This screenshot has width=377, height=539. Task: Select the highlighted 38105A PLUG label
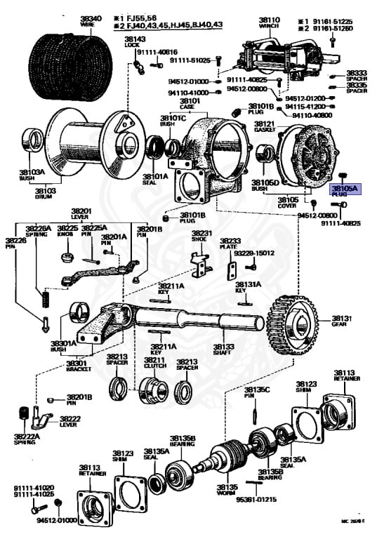[x=344, y=192]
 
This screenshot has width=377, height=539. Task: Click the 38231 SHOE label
[x=201, y=236]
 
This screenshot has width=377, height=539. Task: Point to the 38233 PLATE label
[x=232, y=243]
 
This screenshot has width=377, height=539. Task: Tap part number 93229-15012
[x=255, y=253]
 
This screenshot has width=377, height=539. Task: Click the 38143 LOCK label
[x=135, y=41]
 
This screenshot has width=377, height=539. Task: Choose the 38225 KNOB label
[x=67, y=231]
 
